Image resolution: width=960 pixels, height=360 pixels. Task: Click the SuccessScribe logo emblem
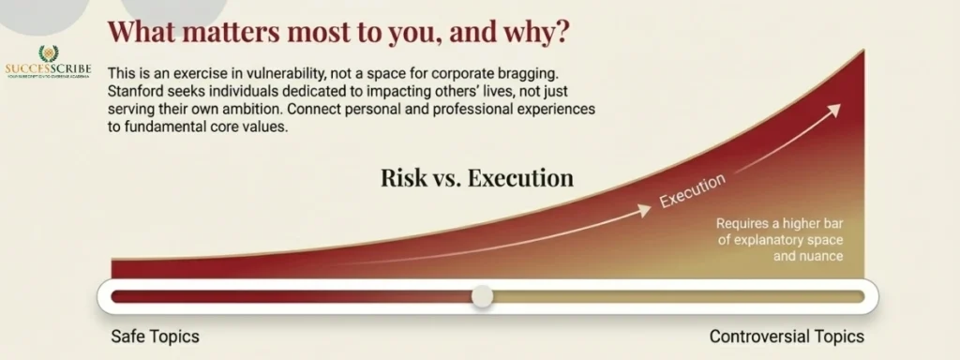point(48,54)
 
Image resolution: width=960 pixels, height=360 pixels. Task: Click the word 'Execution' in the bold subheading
point(520,178)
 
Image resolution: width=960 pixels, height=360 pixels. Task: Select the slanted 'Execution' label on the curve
point(692,190)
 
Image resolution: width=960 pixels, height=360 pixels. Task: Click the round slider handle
point(482,297)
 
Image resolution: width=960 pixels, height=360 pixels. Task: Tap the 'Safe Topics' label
point(155,337)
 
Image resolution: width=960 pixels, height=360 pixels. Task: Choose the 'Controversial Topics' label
point(787,337)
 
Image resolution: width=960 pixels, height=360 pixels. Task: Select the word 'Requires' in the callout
point(744,224)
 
